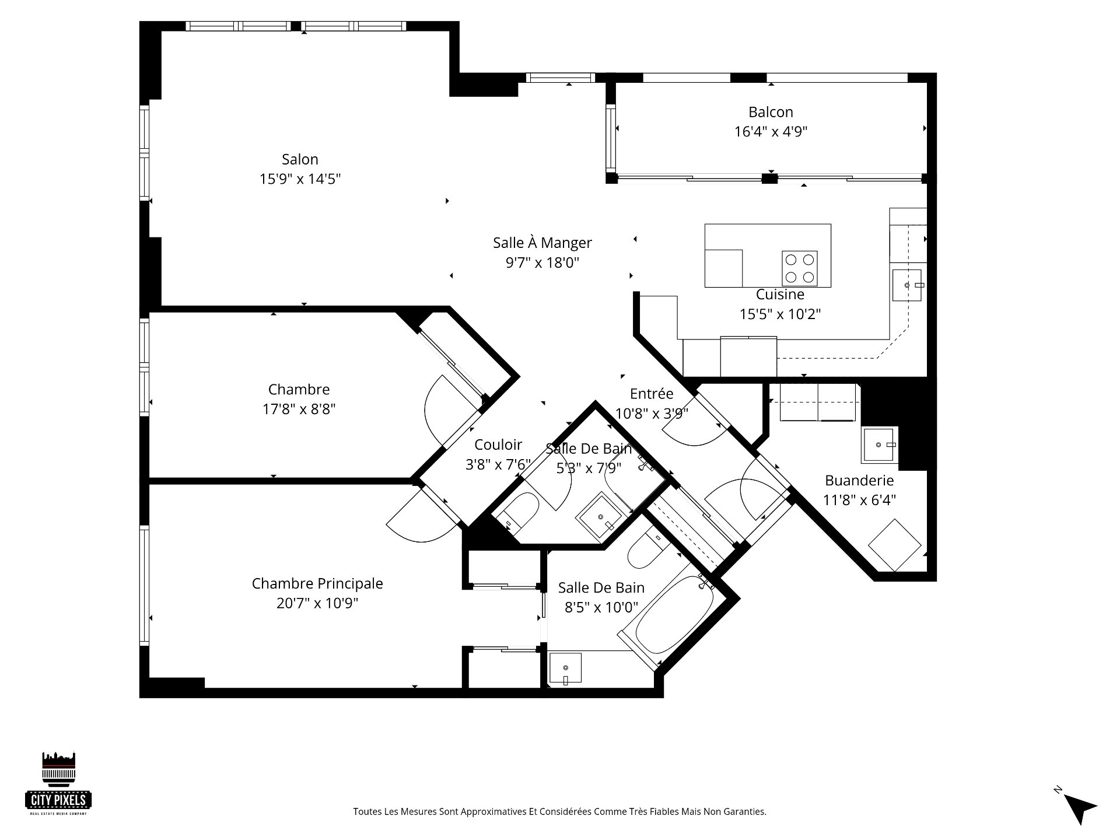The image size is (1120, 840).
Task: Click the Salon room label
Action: pyautogui.click(x=300, y=159)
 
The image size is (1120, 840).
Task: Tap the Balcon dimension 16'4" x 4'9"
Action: pyautogui.click(x=771, y=132)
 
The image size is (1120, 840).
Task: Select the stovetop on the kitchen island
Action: pyautogui.click(x=799, y=268)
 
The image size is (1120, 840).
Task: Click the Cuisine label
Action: pyautogui.click(x=780, y=295)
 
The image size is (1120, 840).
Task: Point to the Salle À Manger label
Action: pyautogui.click(x=542, y=243)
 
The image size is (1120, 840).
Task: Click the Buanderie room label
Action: pyautogui.click(x=859, y=481)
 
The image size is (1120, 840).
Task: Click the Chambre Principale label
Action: pyautogui.click(x=317, y=583)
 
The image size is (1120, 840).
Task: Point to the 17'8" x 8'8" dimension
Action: pyautogui.click(x=299, y=409)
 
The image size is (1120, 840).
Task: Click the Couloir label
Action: pyautogui.click(x=498, y=445)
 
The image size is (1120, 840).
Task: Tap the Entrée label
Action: pyautogui.click(x=651, y=394)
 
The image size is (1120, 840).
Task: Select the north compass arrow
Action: pyautogui.click(x=1080, y=808)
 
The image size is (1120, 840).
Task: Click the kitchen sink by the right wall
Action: pyautogui.click(x=907, y=285)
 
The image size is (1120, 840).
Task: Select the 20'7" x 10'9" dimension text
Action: pyautogui.click(x=317, y=603)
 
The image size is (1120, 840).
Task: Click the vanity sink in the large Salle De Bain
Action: pyautogui.click(x=565, y=667)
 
